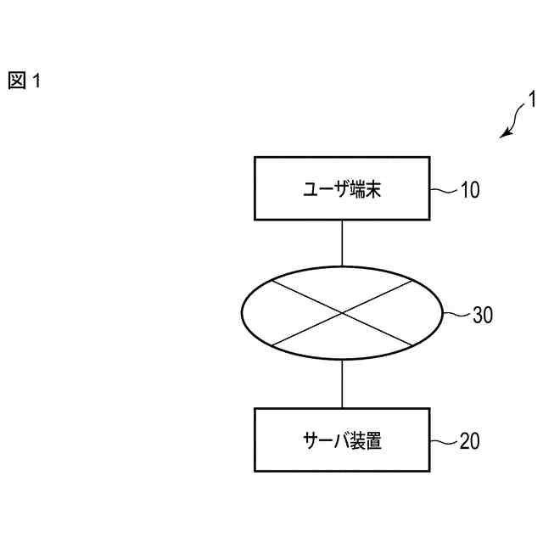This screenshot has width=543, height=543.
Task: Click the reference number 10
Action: point(470,189)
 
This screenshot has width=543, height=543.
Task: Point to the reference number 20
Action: point(470,441)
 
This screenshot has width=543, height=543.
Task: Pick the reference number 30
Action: point(482,316)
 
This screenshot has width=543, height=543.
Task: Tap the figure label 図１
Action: point(25,81)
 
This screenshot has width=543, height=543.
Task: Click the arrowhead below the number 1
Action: point(506,133)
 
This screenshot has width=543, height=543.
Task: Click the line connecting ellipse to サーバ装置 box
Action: point(342,383)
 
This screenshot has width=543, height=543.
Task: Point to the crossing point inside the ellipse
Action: point(342,315)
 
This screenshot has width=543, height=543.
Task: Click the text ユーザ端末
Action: point(342,188)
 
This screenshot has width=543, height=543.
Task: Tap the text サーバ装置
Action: point(342,440)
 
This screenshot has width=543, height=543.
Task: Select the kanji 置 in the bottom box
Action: point(372,440)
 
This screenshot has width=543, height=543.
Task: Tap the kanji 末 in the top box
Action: point(372,188)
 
